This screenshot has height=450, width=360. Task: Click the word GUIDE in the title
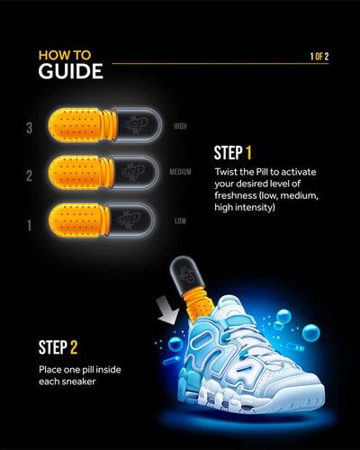[x=70, y=71]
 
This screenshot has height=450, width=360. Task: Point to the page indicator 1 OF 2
[x=319, y=57]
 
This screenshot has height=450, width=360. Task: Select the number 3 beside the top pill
[x=30, y=128]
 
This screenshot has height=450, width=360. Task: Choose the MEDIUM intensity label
[x=182, y=171]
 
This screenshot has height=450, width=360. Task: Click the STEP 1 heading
[x=245, y=153]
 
